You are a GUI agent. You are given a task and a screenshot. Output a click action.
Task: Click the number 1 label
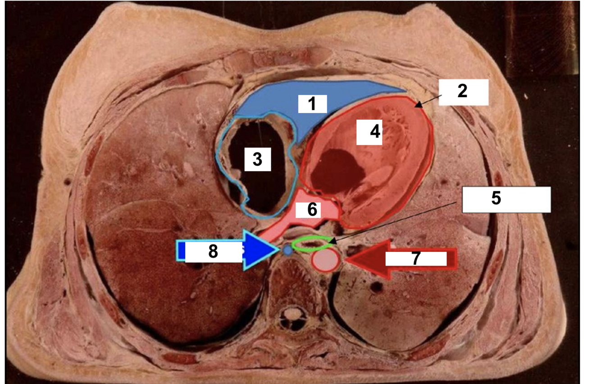pos(312,104)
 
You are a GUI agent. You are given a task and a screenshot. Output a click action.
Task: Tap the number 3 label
pos(257,158)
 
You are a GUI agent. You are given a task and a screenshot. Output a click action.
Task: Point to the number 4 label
pos(369,131)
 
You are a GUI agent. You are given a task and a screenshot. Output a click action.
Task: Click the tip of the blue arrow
pos(278,249)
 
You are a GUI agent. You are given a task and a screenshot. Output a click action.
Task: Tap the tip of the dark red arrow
pos(346,260)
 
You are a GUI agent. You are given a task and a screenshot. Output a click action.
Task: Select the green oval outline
pos(310,239)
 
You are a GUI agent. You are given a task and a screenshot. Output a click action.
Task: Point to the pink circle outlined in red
pos(326,260)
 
